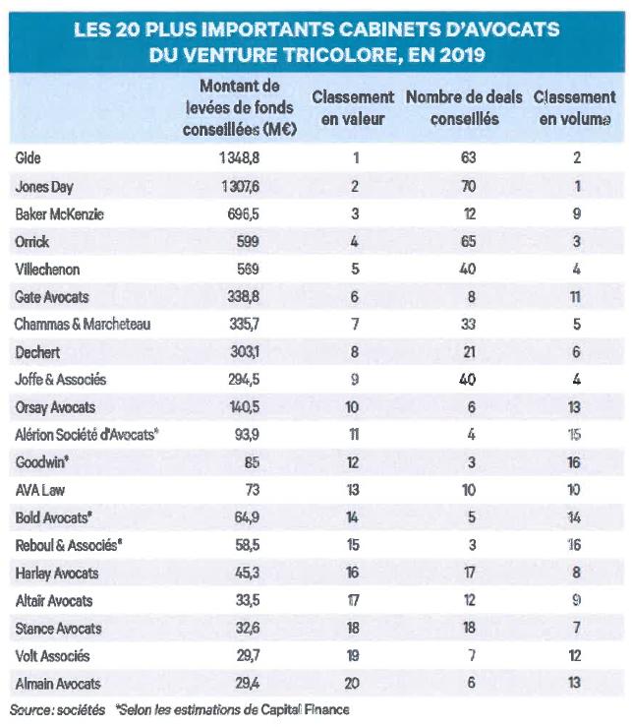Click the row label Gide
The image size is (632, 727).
click(28, 158)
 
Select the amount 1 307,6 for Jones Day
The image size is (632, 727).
click(240, 186)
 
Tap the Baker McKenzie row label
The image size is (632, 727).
click(59, 214)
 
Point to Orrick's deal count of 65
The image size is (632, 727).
click(469, 242)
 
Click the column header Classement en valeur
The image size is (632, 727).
click(353, 108)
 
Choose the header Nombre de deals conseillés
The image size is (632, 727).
click(464, 108)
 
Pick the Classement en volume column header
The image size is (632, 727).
click(575, 108)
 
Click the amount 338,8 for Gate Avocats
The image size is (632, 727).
click(243, 297)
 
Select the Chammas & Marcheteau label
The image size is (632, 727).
click(83, 324)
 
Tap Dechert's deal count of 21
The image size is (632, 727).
click(470, 352)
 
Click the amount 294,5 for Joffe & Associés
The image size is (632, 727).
click(244, 380)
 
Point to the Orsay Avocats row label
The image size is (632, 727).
click(55, 407)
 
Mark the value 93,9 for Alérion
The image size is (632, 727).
click(247, 435)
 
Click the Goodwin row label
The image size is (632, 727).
click(41, 462)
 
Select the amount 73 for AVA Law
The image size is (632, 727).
click(253, 490)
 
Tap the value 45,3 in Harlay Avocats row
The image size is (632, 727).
click(248, 573)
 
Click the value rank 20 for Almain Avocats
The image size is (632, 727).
click(352, 683)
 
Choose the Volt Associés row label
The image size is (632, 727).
click(52, 656)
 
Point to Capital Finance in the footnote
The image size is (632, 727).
click(306, 710)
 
